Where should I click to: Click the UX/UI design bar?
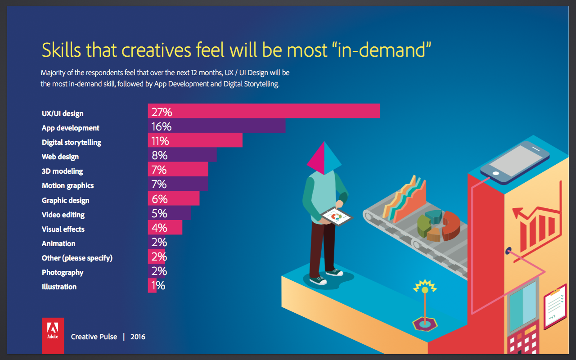coord(264,111)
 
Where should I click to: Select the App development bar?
coord(216,126)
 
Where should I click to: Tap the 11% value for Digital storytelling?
coord(160,141)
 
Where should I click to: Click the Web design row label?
coord(60,157)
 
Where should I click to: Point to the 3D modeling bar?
coord(178,170)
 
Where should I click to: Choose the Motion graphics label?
coord(67,185)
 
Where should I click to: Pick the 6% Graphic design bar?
coord(173,198)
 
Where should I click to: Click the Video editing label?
coord(63,215)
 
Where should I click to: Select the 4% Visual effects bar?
coord(165,227)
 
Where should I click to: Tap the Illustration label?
coord(59,287)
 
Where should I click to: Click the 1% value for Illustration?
coord(158,286)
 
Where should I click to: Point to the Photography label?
coord(63,272)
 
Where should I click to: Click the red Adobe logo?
coord(53,335)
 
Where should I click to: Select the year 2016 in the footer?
coord(138,337)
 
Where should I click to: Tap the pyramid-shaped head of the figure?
coord(324,158)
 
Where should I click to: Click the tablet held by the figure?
coord(337,216)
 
